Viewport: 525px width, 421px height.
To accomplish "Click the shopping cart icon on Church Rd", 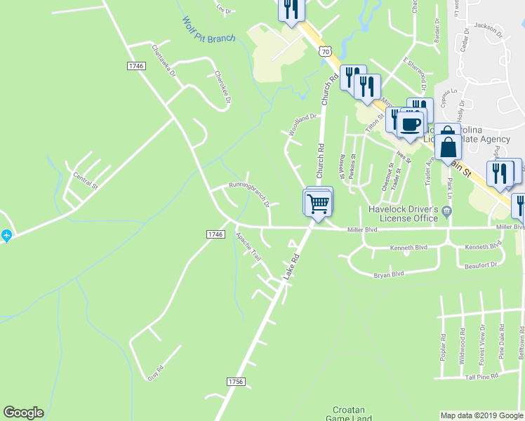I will point(319,203).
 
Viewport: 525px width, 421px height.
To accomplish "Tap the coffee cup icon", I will point(411,125).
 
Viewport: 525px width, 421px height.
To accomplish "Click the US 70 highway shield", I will point(324,51).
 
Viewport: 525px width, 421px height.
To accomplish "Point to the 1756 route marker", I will point(236,381).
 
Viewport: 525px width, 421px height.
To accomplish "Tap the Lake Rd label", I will point(292,268).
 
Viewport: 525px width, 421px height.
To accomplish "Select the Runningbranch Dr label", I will point(248,194).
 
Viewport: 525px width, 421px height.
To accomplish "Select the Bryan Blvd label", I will point(389,274).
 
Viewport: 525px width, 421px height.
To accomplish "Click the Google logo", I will point(23,413).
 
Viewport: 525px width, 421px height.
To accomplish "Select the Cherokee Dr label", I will point(222,87).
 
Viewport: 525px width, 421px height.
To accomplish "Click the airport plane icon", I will point(6,236).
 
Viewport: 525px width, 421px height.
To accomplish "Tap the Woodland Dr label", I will point(303,125).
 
